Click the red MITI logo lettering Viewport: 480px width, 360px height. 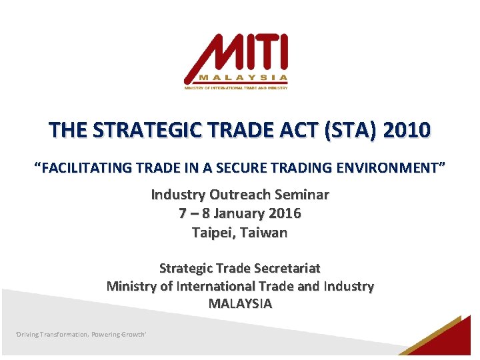(236, 58)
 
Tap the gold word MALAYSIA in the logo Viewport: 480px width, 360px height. (243, 77)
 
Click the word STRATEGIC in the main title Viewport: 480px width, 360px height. (147, 129)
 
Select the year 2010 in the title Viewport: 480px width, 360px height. (407, 129)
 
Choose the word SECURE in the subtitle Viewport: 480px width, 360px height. (241, 168)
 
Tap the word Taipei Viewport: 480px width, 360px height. (214, 233)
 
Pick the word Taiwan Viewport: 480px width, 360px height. (263, 233)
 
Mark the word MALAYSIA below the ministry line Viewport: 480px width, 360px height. (240, 303)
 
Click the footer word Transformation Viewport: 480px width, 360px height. (64, 334)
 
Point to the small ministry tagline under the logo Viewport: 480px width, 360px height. (236, 88)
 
